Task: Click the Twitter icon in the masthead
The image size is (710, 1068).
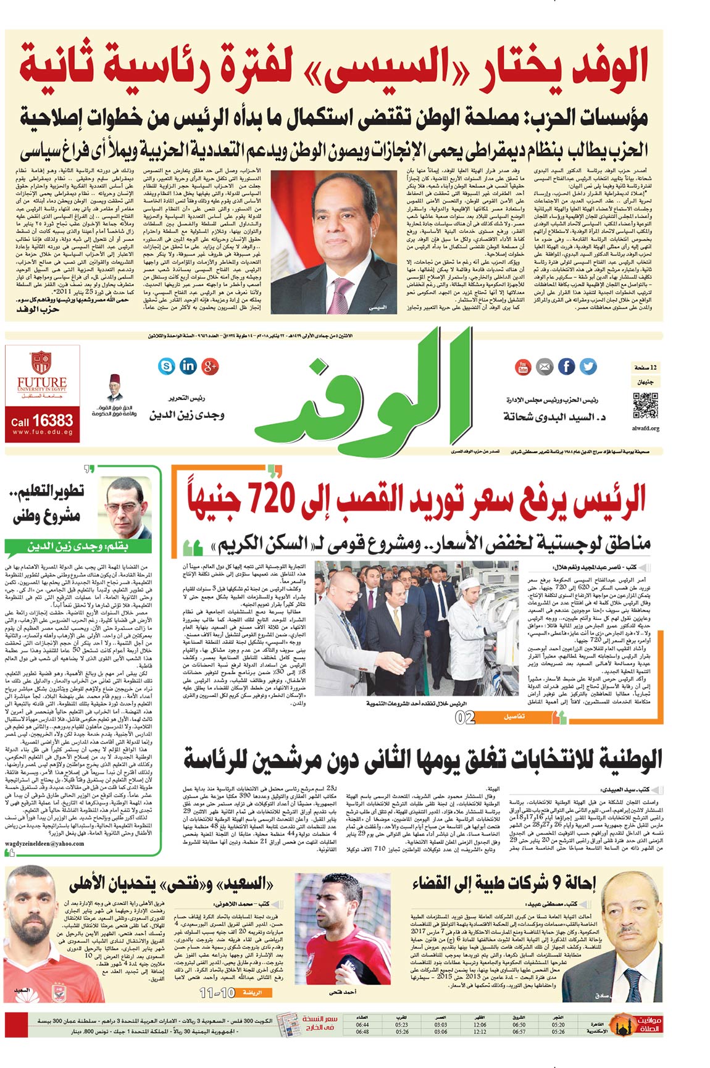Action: click(x=588, y=367)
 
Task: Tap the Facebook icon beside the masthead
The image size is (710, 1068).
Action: click(x=566, y=367)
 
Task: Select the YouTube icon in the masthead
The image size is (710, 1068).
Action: click(x=523, y=367)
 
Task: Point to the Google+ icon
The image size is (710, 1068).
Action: click(x=210, y=366)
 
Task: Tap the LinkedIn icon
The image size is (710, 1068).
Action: click(x=188, y=366)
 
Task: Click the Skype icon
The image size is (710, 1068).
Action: click(x=166, y=367)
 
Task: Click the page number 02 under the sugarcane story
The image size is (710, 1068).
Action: click(x=465, y=717)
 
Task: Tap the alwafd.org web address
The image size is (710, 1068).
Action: click(x=645, y=428)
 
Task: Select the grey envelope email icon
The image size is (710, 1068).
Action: click(x=545, y=367)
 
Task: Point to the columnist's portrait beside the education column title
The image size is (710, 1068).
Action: click(x=128, y=507)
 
